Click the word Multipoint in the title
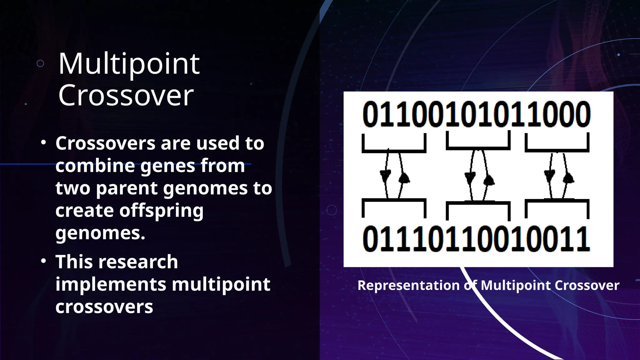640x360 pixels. click(x=129, y=64)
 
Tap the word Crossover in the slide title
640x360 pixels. click(x=126, y=95)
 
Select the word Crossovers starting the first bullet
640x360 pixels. click(x=105, y=143)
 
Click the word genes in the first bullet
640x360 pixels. click(x=168, y=166)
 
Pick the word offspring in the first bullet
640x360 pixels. click(x=161, y=211)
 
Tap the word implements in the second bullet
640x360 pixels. click(x=111, y=284)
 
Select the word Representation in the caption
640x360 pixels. click(x=408, y=285)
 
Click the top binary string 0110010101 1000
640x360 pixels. click(x=477, y=115)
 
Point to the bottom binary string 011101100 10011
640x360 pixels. click(x=477, y=239)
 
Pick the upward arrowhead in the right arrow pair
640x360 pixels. click(x=568, y=178)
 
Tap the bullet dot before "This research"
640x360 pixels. click(x=43, y=261)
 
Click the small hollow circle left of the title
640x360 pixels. click(x=40, y=64)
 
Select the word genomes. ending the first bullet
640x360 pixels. click(x=100, y=233)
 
